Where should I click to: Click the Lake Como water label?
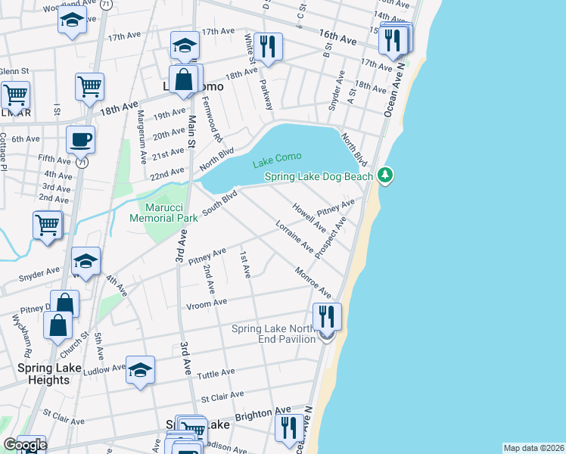coord(277,157)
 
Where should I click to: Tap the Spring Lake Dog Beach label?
coord(319,177)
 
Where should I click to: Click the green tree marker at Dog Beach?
coord(386,176)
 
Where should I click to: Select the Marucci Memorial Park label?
coord(164,211)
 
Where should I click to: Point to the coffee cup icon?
coord(79,139)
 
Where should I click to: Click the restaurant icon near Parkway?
coord(268,47)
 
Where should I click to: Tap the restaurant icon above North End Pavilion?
coord(327,316)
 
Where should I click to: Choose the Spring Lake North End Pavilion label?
coord(273,334)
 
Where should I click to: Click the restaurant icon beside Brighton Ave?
coord(288,428)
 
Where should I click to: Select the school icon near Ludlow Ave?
coord(140,370)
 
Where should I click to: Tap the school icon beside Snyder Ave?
coord(86,262)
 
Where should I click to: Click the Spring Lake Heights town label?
coord(44,374)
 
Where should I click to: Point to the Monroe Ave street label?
coord(313,282)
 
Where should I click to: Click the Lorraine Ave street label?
coord(294,236)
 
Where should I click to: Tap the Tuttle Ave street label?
coord(216,375)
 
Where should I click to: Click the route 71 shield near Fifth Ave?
coord(82,162)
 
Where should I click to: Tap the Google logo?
coord(25,445)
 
